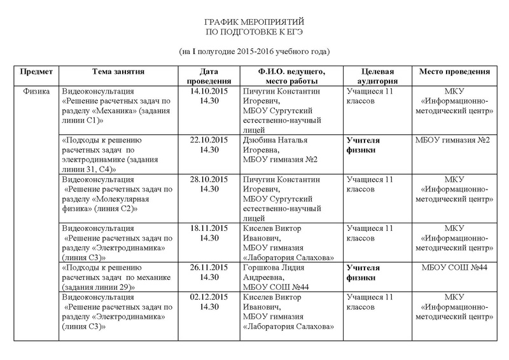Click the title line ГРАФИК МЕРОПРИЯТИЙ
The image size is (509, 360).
tap(255, 22)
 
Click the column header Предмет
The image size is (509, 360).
tap(37, 72)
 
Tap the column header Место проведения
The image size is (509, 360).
tap(454, 72)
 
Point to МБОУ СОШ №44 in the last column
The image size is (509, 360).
tap(454, 268)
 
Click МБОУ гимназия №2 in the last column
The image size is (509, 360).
tap(452, 139)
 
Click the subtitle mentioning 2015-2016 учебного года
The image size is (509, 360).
tap(255, 50)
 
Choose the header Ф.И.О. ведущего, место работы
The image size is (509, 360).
tap(293, 76)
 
